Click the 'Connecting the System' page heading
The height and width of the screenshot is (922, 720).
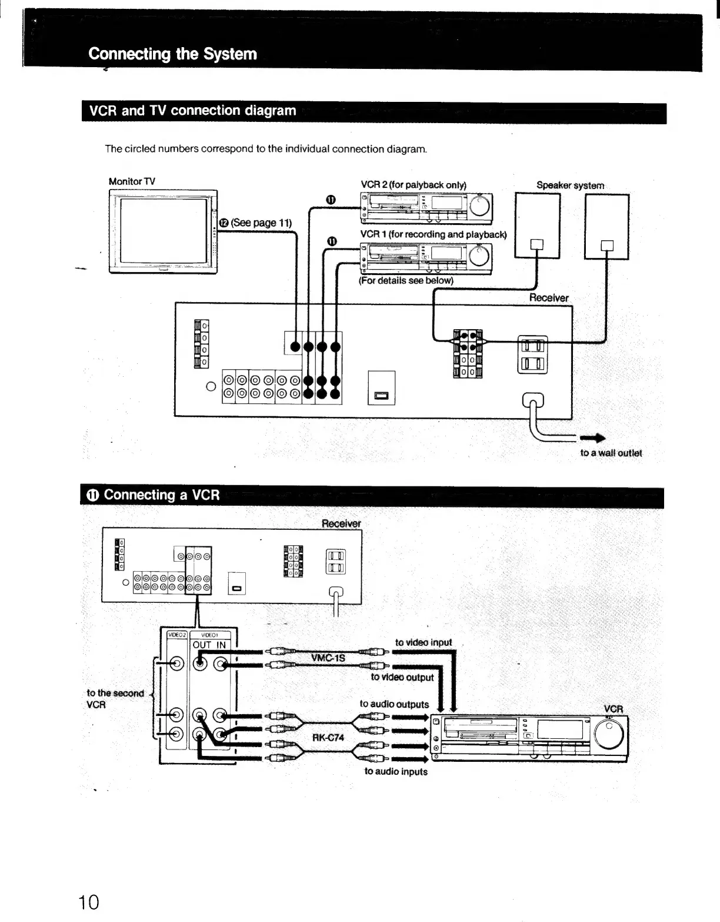coord(172,54)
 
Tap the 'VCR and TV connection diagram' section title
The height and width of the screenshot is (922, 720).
coord(192,111)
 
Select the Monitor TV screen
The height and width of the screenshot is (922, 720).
coord(164,231)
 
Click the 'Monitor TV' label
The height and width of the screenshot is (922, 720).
coord(132,181)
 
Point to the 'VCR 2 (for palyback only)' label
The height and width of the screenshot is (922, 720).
coord(413,185)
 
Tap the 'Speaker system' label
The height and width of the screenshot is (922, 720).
coord(570,185)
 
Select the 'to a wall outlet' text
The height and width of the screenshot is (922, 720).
coord(611,453)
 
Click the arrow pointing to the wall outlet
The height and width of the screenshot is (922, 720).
coord(592,438)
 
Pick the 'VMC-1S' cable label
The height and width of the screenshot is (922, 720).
coord(328,658)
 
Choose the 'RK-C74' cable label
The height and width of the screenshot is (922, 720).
coord(328,738)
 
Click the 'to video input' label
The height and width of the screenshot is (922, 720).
coord(424,642)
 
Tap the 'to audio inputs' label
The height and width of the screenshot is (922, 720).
coord(396,771)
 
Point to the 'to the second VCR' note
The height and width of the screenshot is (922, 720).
coord(115,699)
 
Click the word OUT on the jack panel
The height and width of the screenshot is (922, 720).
coord(202,645)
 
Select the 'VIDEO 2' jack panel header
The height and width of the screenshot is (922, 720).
coord(176,635)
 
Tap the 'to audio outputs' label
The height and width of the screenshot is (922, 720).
coord(394,704)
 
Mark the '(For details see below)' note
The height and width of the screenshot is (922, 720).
coord(406,281)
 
